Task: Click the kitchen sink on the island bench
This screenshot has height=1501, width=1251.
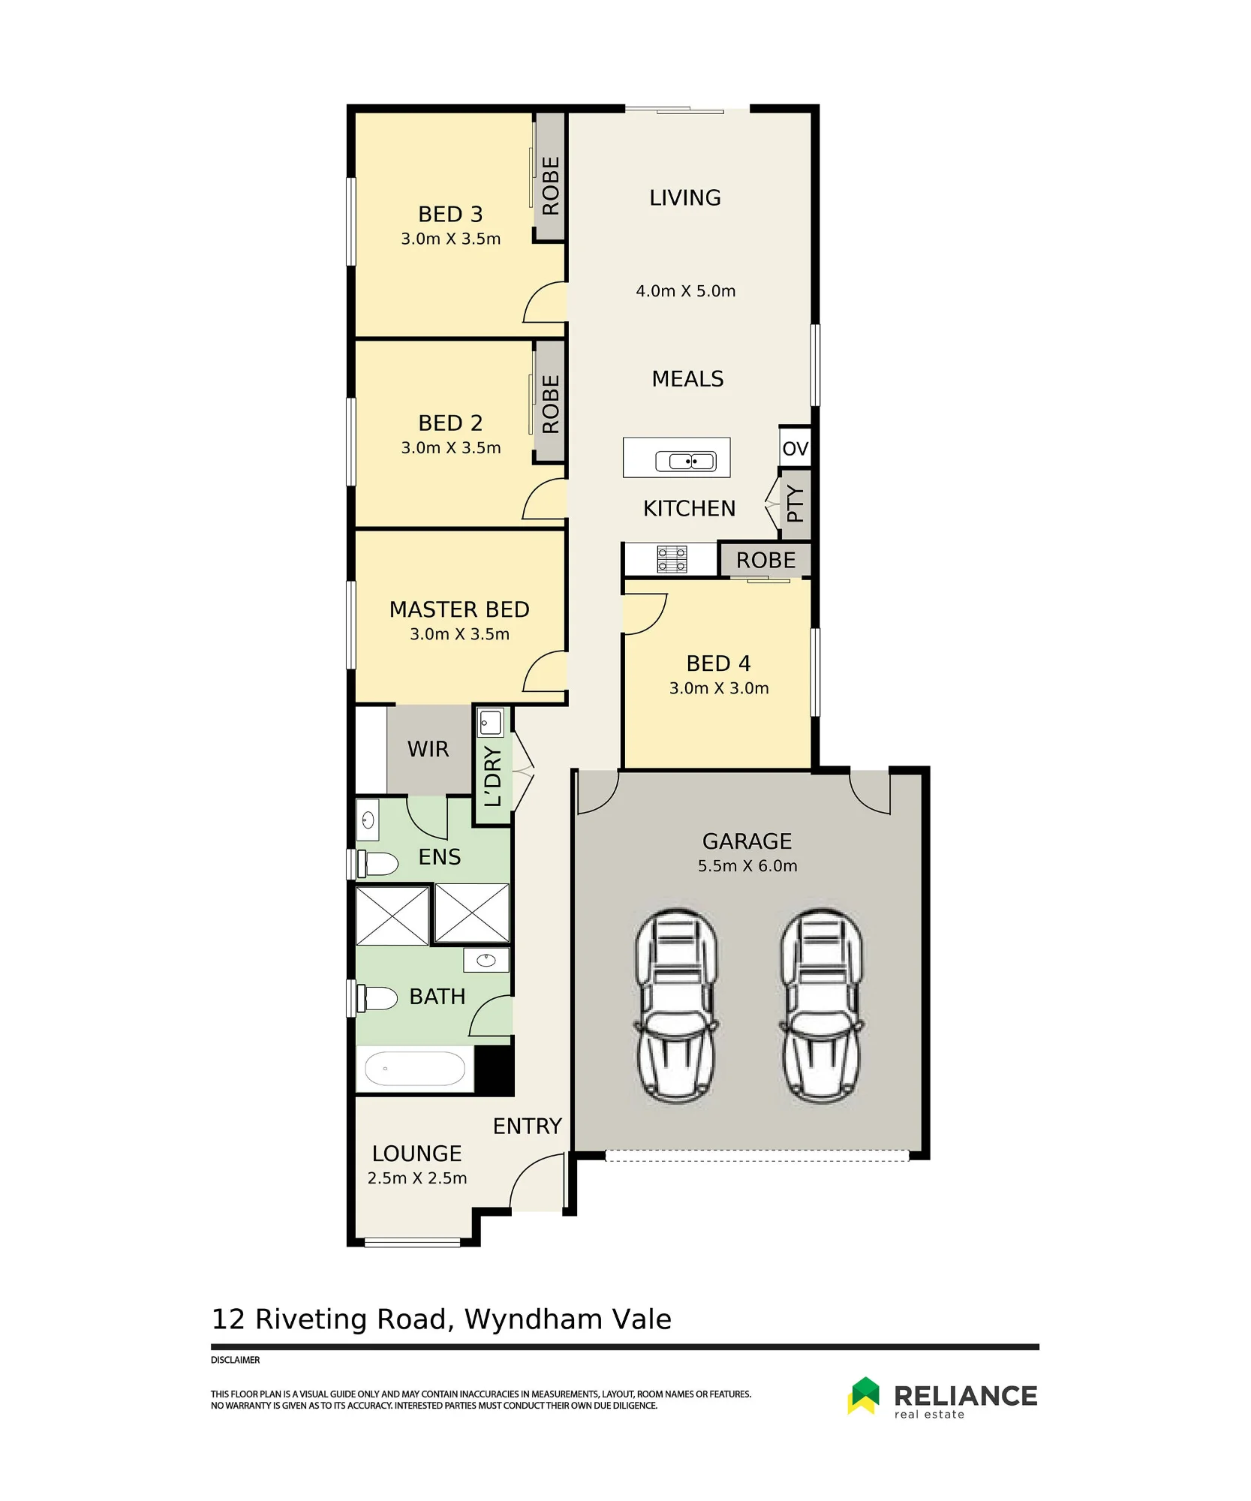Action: tap(686, 460)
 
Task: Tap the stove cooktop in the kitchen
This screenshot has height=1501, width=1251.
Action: tap(672, 559)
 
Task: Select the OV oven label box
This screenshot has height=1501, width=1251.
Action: tap(795, 448)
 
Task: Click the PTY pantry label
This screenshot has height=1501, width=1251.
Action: tap(795, 504)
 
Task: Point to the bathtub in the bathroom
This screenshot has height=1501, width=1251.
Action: tap(415, 1068)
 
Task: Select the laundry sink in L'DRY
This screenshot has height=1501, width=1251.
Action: tap(490, 723)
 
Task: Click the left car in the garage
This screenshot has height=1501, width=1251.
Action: tap(675, 1005)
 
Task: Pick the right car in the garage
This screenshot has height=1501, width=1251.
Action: tap(821, 1005)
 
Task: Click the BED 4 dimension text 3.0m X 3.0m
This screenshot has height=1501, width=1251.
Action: tap(719, 688)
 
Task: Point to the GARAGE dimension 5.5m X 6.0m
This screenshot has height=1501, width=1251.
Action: tap(747, 865)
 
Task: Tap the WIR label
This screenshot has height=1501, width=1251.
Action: tap(428, 749)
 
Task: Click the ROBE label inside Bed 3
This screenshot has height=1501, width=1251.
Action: tap(551, 185)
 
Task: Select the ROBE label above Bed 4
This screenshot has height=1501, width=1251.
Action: tap(765, 560)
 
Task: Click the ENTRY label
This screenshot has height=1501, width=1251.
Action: tap(527, 1126)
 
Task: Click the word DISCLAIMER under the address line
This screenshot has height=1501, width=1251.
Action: tap(235, 1360)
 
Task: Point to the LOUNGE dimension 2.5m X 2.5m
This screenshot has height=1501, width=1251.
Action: tap(417, 1178)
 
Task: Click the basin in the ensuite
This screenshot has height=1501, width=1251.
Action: tap(368, 820)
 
